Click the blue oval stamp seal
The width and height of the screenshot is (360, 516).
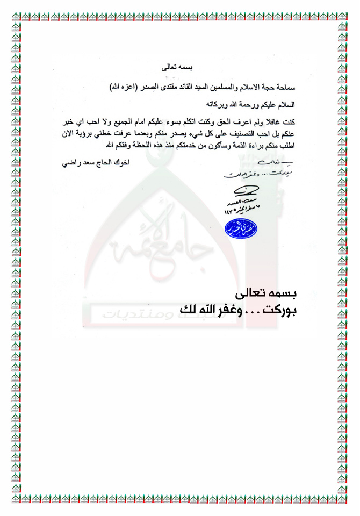point(240,228)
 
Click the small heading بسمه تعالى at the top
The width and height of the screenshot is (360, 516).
point(184,68)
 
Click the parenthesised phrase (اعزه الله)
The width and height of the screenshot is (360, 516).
point(124,87)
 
